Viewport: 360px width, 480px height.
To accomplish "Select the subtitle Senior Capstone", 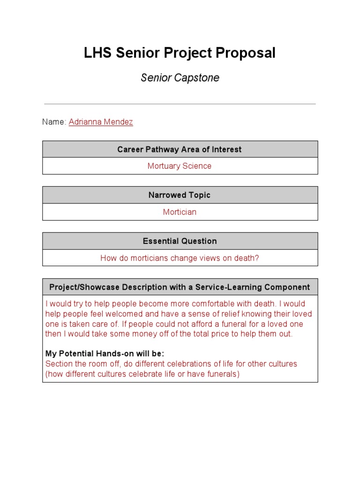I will coord(180,78).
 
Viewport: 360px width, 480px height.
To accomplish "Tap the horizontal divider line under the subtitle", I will coord(180,104).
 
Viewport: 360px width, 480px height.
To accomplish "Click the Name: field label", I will coord(54,122).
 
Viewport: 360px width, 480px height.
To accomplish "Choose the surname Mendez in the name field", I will coord(120,122).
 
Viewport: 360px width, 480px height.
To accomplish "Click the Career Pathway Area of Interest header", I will coord(180,150).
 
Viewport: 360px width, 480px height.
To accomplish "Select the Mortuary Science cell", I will coord(180,166).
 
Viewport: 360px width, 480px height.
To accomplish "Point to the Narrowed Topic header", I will coord(180,195).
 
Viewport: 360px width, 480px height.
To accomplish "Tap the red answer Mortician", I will coord(180,212).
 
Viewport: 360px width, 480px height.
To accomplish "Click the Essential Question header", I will coord(180,241).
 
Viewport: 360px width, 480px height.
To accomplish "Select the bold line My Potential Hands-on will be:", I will coord(105,353).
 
